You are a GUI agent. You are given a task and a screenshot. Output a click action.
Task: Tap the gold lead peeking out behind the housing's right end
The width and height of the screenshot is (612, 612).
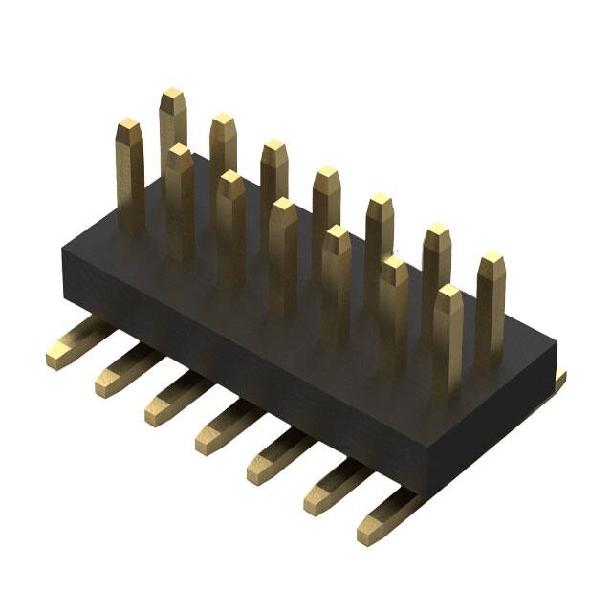coord(556,382)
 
